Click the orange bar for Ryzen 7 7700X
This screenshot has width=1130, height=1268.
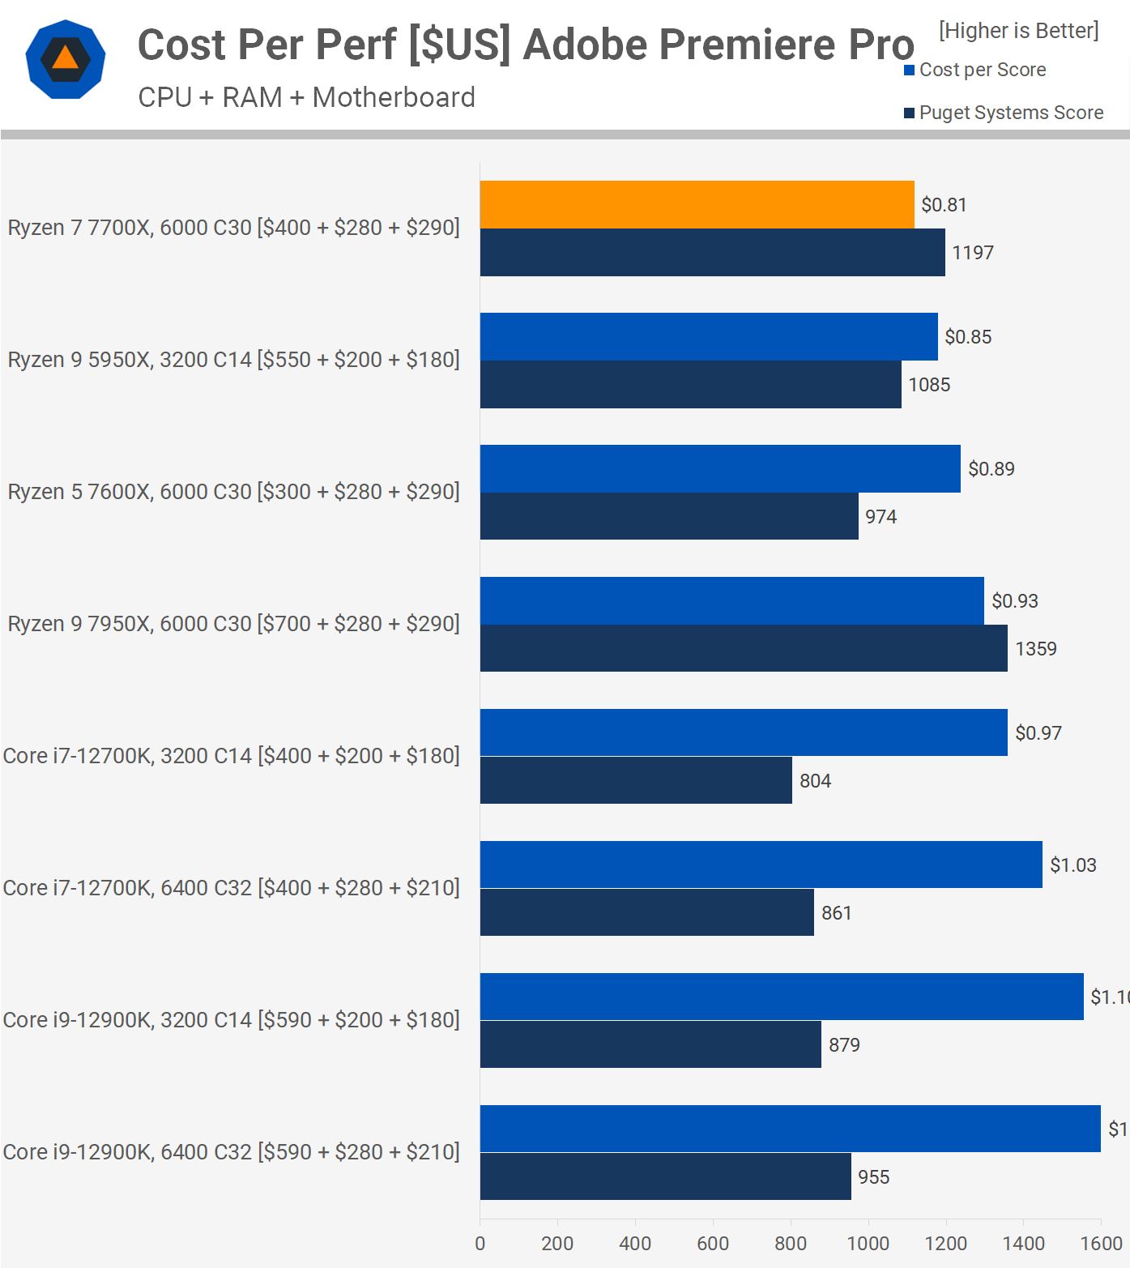(x=697, y=205)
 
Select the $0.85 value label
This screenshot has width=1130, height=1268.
(x=968, y=337)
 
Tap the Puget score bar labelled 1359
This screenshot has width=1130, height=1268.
(x=744, y=648)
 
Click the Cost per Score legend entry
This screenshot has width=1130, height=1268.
(x=982, y=70)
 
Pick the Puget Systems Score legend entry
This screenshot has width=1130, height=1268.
(x=1010, y=113)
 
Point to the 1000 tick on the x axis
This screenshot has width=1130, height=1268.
(x=868, y=1243)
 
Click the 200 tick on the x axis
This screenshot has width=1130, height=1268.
(x=557, y=1243)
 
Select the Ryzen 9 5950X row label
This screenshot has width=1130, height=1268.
(x=233, y=360)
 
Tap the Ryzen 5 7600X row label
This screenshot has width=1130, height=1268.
(x=233, y=492)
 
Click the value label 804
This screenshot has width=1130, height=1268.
(x=815, y=781)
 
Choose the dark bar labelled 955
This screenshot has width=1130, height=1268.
(x=665, y=1176)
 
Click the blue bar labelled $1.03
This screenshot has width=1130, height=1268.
(x=761, y=865)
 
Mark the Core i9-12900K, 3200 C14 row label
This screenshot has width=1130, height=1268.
(x=231, y=1020)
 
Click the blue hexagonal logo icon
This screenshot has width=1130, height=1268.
(x=66, y=59)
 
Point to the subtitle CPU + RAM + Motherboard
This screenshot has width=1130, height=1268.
(x=306, y=97)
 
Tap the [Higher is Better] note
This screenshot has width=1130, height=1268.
(x=1018, y=31)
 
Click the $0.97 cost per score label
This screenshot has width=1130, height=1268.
(x=1038, y=733)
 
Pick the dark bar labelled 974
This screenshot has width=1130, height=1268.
(x=669, y=516)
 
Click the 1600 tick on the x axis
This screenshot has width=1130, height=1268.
(x=1101, y=1243)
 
